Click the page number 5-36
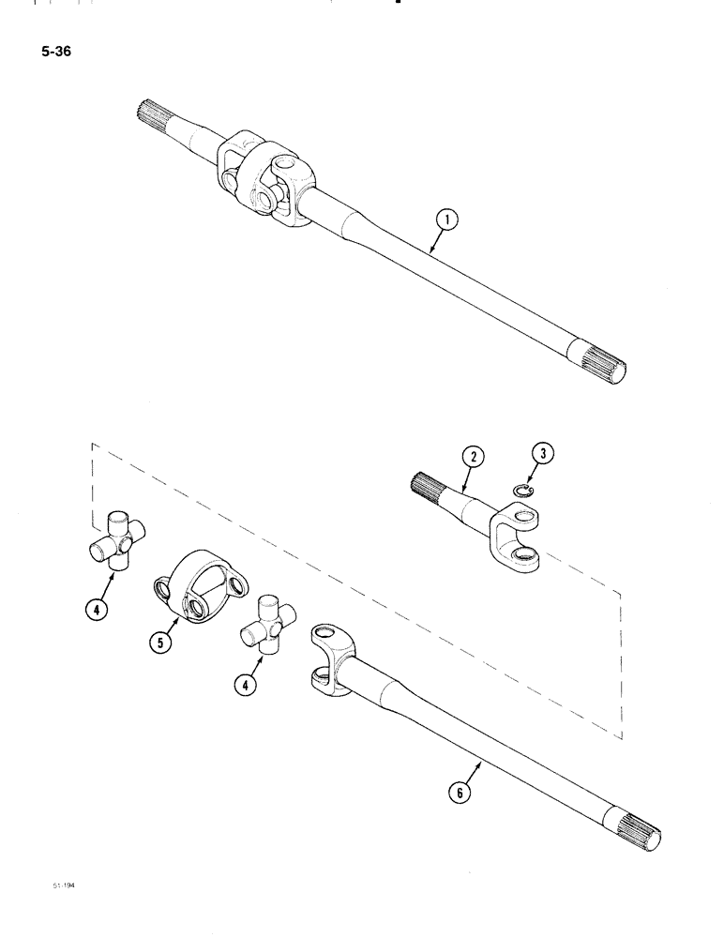(x=56, y=51)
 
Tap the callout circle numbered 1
(x=448, y=221)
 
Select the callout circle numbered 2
(x=474, y=458)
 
